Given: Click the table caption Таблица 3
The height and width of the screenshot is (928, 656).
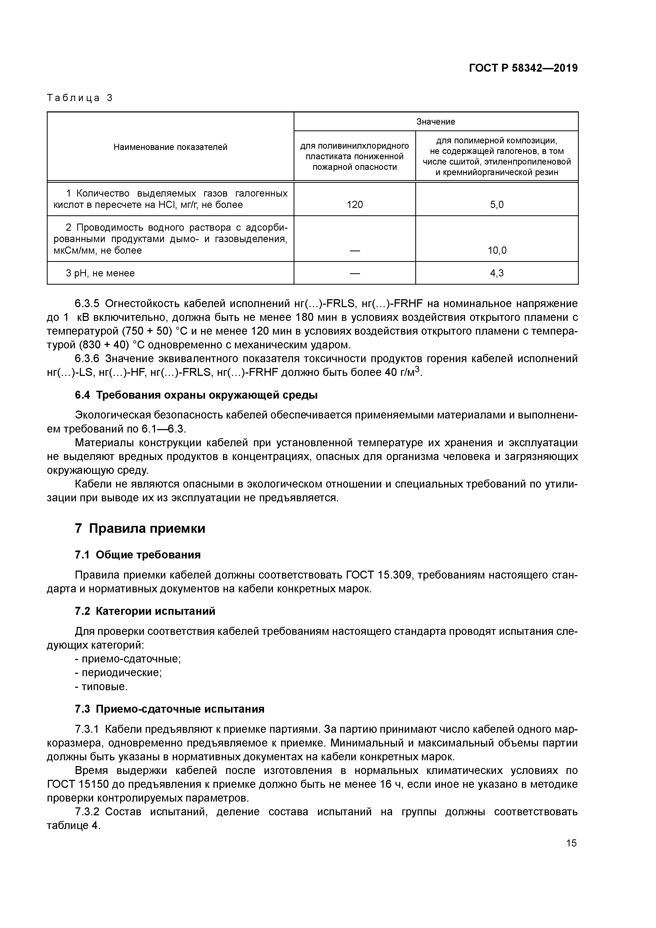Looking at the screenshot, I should pyautogui.click(x=80, y=98).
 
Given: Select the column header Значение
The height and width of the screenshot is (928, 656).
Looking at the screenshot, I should pyautogui.click(x=436, y=122).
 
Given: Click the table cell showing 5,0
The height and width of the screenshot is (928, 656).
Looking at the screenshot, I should pyautogui.click(x=497, y=205).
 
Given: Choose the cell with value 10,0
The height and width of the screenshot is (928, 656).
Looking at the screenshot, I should pyautogui.click(x=497, y=251).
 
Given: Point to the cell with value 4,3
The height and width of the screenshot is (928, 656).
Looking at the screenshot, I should pyautogui.click(x=497, y=273).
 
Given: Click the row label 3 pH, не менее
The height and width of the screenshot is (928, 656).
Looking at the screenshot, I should pyautogui.click(x=100, y=273).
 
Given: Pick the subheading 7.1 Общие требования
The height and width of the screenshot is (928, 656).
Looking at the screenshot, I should pyautogui.click(x=138, y=555).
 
